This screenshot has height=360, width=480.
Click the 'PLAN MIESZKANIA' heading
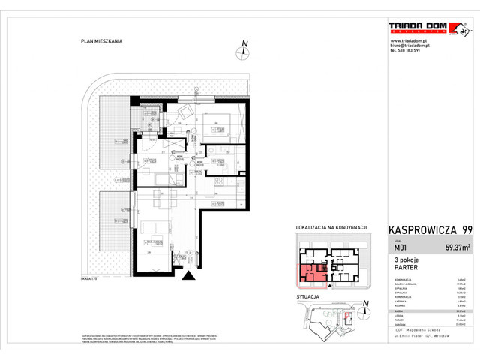click(x=103, y=42)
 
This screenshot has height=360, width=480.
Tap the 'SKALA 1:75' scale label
click(x=99, y=278)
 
